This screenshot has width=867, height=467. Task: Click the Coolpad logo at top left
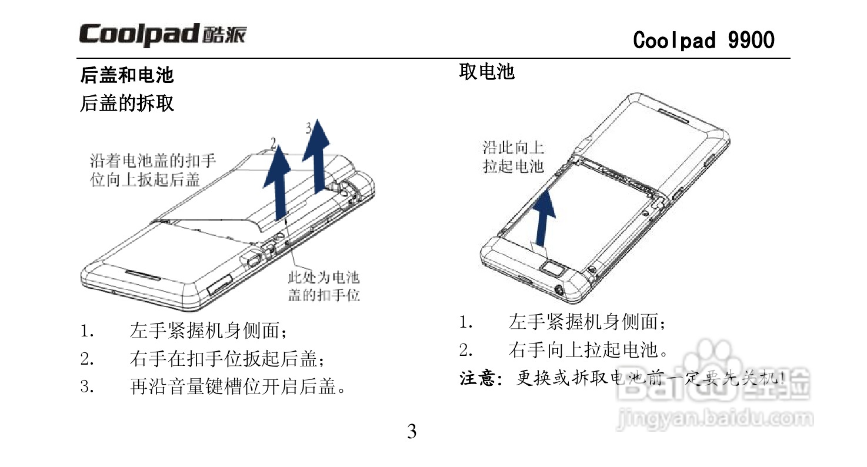click(163, 35)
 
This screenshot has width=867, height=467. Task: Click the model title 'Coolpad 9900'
click(703, 40)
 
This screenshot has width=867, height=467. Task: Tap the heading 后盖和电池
click(127, 75)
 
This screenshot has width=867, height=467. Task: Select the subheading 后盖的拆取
click(127, 104)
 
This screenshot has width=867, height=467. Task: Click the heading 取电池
click(486, 72)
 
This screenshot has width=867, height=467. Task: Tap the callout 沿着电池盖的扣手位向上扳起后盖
click(152, 170)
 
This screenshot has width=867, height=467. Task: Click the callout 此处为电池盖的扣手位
click(324, 286)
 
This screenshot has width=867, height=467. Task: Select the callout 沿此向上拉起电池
click(513, 156)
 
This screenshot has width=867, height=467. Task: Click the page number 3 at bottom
click(412, 432)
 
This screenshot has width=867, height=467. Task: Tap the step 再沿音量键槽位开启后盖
click(236, 386)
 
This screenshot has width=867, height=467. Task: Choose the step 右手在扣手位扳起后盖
click(227, 358)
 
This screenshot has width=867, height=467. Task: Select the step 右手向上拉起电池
click(588, 351)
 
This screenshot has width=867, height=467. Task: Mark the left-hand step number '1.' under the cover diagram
click(88, 331)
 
